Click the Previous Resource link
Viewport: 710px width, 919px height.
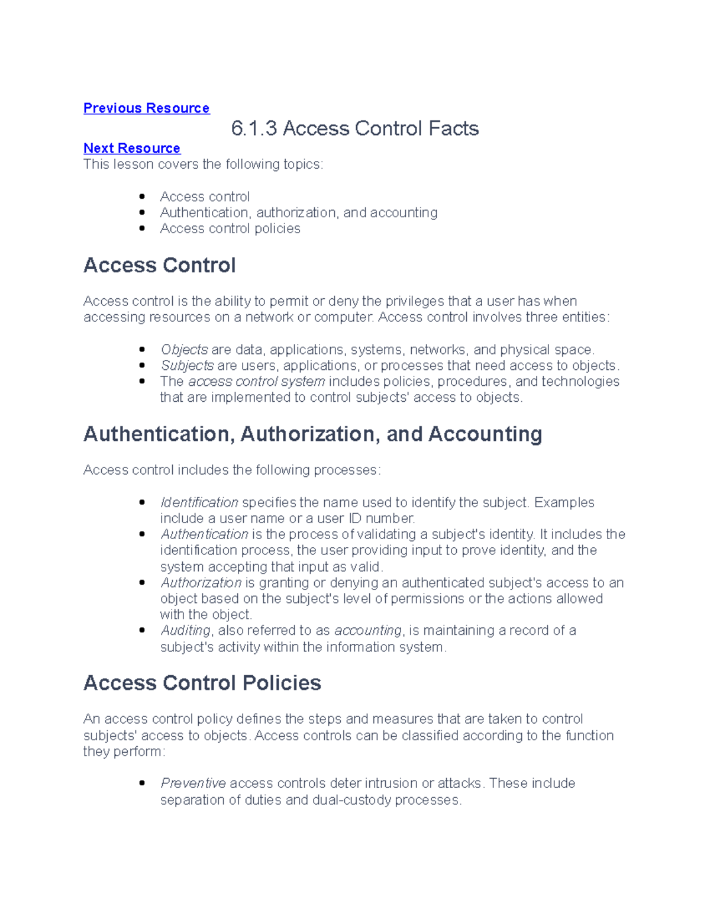pos(146,108)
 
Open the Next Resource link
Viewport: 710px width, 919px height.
pos(131,148)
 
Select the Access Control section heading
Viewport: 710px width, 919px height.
pos(159,265)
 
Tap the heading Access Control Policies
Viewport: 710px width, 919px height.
pos(202,683)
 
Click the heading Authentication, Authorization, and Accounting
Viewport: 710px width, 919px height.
pos(312,434)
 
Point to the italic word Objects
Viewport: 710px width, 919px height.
pos(184,350)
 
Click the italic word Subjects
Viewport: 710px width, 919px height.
pos(187,366)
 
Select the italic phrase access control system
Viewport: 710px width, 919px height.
pos(256,382)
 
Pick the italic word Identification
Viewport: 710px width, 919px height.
pos(199,502)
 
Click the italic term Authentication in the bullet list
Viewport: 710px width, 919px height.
pos(204,534)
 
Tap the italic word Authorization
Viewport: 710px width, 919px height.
pos(201,583)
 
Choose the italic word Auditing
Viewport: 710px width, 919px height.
pos(185,631)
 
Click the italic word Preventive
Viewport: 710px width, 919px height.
pos(193,783)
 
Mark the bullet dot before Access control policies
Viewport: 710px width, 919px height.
pos(142,228)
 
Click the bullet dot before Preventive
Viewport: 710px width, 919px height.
pos(142,783)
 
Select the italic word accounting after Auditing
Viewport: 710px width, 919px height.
pos(367,631)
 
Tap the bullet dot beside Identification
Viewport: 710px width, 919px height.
pos(142,502)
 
